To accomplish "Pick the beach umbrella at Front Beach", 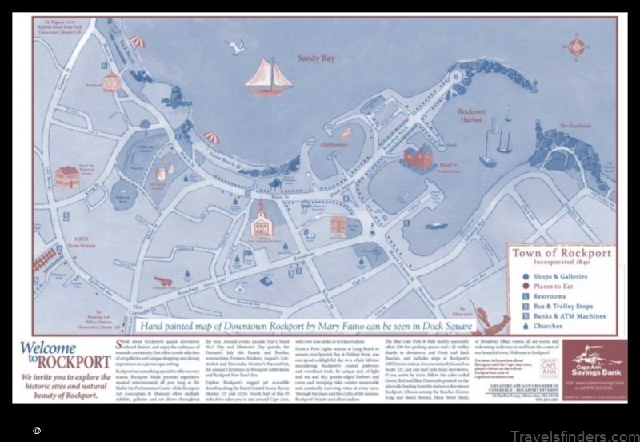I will (211, 138).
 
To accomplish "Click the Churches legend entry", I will (558, 327).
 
